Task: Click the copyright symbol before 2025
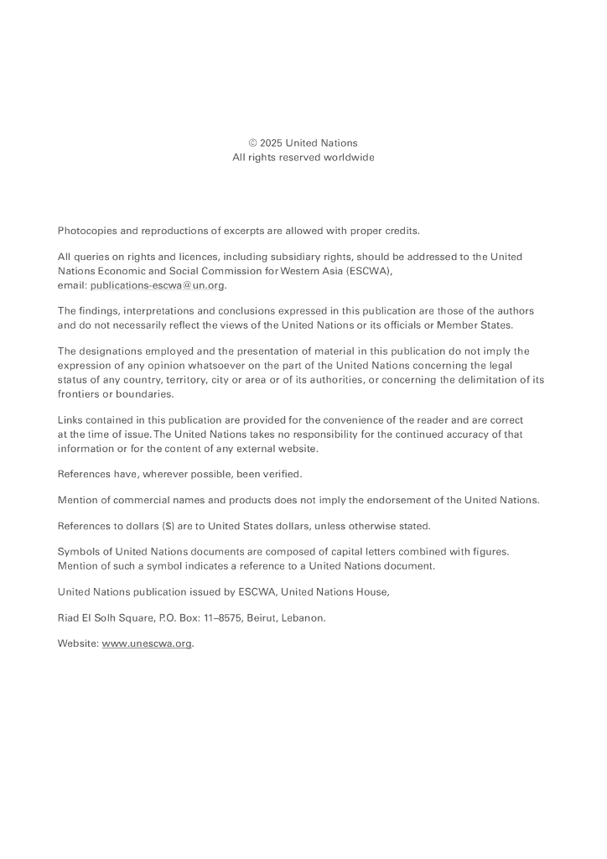(x=253, y=143)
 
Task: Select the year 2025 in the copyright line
(x=271, y=143)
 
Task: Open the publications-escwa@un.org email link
(x=158, y=285)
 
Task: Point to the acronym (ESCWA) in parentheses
(x=369, y=271)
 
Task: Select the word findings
(x=99, y=311)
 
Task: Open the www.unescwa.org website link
(x=147, y=644)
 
